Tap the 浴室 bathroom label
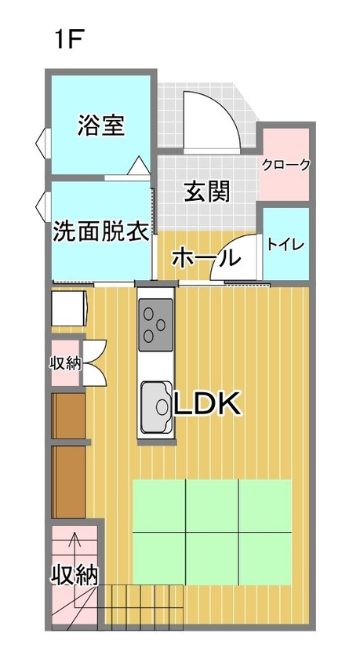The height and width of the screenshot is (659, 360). pyautogui.click(x=101, y=125)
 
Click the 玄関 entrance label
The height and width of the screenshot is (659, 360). pyautogui.click(x=207, y=191)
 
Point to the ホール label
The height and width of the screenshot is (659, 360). pyautogui.click(x=205, y=257)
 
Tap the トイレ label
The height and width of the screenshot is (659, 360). pyautogui.click(x=286, y=244)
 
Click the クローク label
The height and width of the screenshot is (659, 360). pyautogui.click(x=286, y=165)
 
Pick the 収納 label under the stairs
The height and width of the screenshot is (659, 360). pyautogui.click(x=75, y=575)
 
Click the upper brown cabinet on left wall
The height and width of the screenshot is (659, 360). pyautogui.click(x=68, y=416)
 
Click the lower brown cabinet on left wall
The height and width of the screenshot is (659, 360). pyautogui.click(x=68, y=482)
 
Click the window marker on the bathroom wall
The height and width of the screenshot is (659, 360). pyautogui.click(x=42, y=144)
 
